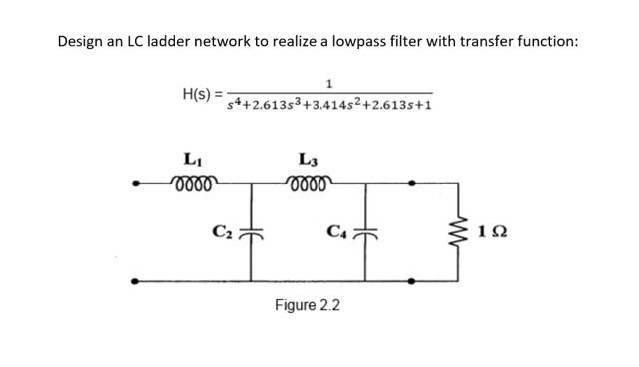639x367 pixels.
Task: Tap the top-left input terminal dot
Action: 136,183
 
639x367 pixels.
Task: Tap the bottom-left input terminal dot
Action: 136,281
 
